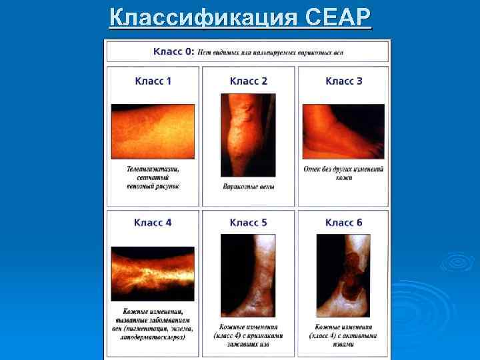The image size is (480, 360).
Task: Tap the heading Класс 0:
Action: [174, 52]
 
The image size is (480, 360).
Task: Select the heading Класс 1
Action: [153, 81]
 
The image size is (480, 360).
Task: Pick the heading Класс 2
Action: [248, 81]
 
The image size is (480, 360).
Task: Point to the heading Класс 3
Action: [344, 81]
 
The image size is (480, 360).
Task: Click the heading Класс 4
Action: [153, 223]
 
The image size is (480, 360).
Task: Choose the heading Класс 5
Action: [248, 223]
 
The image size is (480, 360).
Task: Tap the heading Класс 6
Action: [344, 223]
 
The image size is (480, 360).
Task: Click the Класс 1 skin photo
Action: [153, 131]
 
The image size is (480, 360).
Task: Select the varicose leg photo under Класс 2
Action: [248, 134]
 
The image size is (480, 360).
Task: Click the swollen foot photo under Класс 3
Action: [343, 131]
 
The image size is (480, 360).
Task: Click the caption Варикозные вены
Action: [248, 186]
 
